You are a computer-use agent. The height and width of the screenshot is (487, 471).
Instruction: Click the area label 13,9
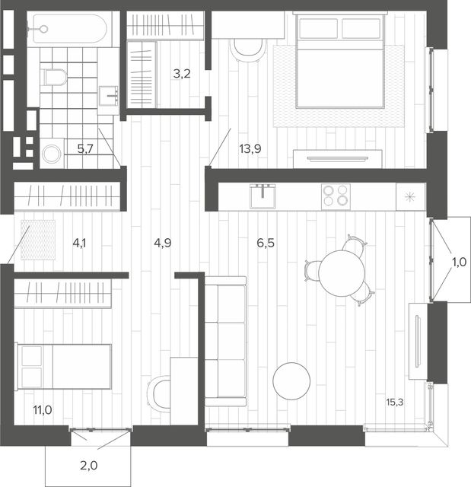250,149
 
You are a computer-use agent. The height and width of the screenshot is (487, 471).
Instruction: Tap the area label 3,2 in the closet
182,74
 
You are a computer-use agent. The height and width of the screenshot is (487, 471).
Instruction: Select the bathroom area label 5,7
85,149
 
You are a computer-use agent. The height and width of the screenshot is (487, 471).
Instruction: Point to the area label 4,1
79,243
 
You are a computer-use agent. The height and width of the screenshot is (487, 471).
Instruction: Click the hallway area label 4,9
163,243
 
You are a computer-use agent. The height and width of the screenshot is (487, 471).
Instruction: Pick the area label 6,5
266,243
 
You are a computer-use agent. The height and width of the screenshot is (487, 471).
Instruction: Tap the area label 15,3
395,403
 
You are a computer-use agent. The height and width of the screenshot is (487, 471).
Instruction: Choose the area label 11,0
43,410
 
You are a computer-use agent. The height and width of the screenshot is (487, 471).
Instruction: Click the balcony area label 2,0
89,466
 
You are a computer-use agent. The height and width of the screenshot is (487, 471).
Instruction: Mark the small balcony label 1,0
459,263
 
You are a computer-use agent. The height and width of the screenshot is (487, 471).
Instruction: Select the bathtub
70,29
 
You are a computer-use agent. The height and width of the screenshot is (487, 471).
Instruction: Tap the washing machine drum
52,154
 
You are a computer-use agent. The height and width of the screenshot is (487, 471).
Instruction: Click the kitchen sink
263,196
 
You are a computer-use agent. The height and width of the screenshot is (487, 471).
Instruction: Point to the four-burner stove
336,196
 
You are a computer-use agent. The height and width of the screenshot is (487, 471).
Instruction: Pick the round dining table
342,274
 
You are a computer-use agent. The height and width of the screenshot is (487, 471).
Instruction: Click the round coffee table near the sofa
291,380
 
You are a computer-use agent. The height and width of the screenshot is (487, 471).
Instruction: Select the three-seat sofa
225,341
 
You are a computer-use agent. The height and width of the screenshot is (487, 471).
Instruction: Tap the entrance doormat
38,240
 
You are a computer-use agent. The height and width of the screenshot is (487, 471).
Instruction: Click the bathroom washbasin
109,96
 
